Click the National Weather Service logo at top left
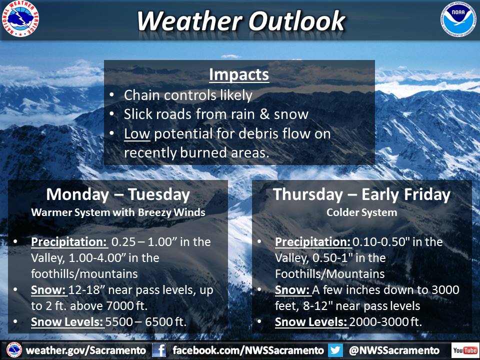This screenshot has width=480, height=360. pyautogui.click(x=20, y=18)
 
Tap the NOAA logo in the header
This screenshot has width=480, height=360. pyautogui.click(x=458, y=19)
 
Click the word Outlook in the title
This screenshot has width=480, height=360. pyautogui.click(x=296, y=21)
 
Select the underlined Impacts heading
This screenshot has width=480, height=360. pyautogui.click(x=239, y=74)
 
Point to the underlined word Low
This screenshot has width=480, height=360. pyautogui.click(x=137, y=134)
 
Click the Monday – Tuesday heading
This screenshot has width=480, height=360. pyautogui.click(x=118, y=194)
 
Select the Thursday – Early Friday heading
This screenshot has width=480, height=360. pyautogui.click(x=361, y=194)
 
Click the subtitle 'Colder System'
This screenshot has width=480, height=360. pyautogui.click(x=362, y=212)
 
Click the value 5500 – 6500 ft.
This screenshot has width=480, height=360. pyautogui.click(x=146, y=321)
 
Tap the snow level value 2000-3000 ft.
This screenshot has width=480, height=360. pyautogui.click(x=385, y=321)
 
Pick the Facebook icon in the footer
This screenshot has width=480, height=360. pyautogui.click(x=159, y=350)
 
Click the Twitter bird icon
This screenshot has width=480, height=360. pyautogui.click(x=335, y=350)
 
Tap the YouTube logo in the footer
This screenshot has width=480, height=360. pyautogui.click(x=465, y=350)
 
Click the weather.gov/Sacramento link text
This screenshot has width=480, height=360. pyautogui.click(x=86, y=350)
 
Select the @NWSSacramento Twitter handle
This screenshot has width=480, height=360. pyautogui.click(x=394, y=350)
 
